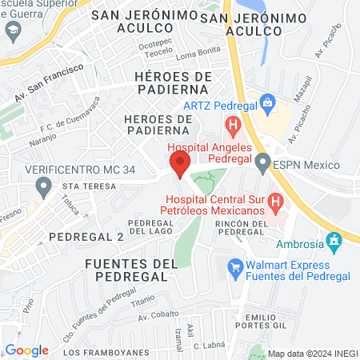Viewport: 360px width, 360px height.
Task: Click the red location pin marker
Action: tap(180, 165)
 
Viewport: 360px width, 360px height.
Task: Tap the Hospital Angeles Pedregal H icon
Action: tap(233, 125)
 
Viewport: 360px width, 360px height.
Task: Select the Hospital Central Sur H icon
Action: tap(275, 201)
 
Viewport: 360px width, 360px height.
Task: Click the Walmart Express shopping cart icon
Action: tap(235, 266)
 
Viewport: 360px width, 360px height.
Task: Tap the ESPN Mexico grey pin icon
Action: tap(262, 165)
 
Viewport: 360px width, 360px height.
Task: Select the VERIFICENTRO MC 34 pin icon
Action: tap(43, 188)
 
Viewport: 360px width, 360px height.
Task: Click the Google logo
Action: tap(26, 350)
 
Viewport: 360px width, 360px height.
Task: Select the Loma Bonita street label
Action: tap(197, 54)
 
